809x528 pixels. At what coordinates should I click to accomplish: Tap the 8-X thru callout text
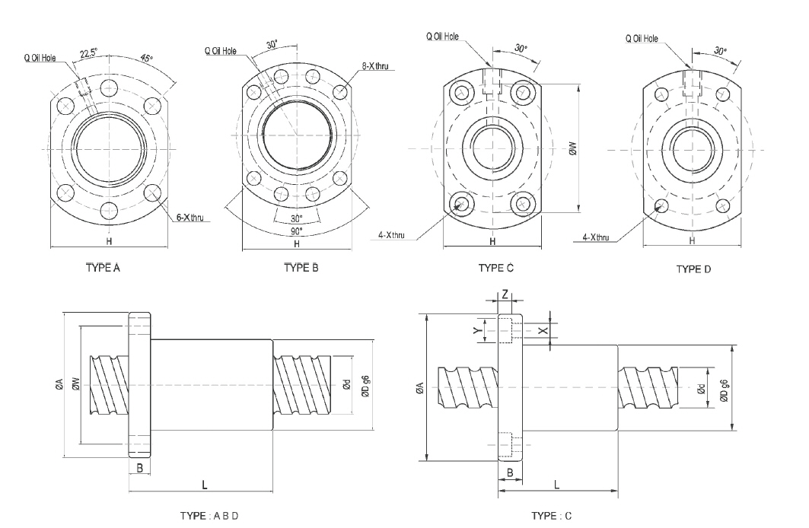tap(375, 67)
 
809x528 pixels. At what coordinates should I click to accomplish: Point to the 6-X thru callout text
tap(190, 218)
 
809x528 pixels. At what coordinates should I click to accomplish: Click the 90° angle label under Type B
tap(296, 230)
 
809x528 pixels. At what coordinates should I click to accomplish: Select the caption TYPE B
tap(301, 268)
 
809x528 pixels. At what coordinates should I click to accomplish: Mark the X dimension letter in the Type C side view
tap(542, 331)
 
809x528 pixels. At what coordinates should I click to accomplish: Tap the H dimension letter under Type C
tap(492, 241)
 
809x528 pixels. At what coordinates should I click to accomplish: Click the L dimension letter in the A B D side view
tap(205, 484)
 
